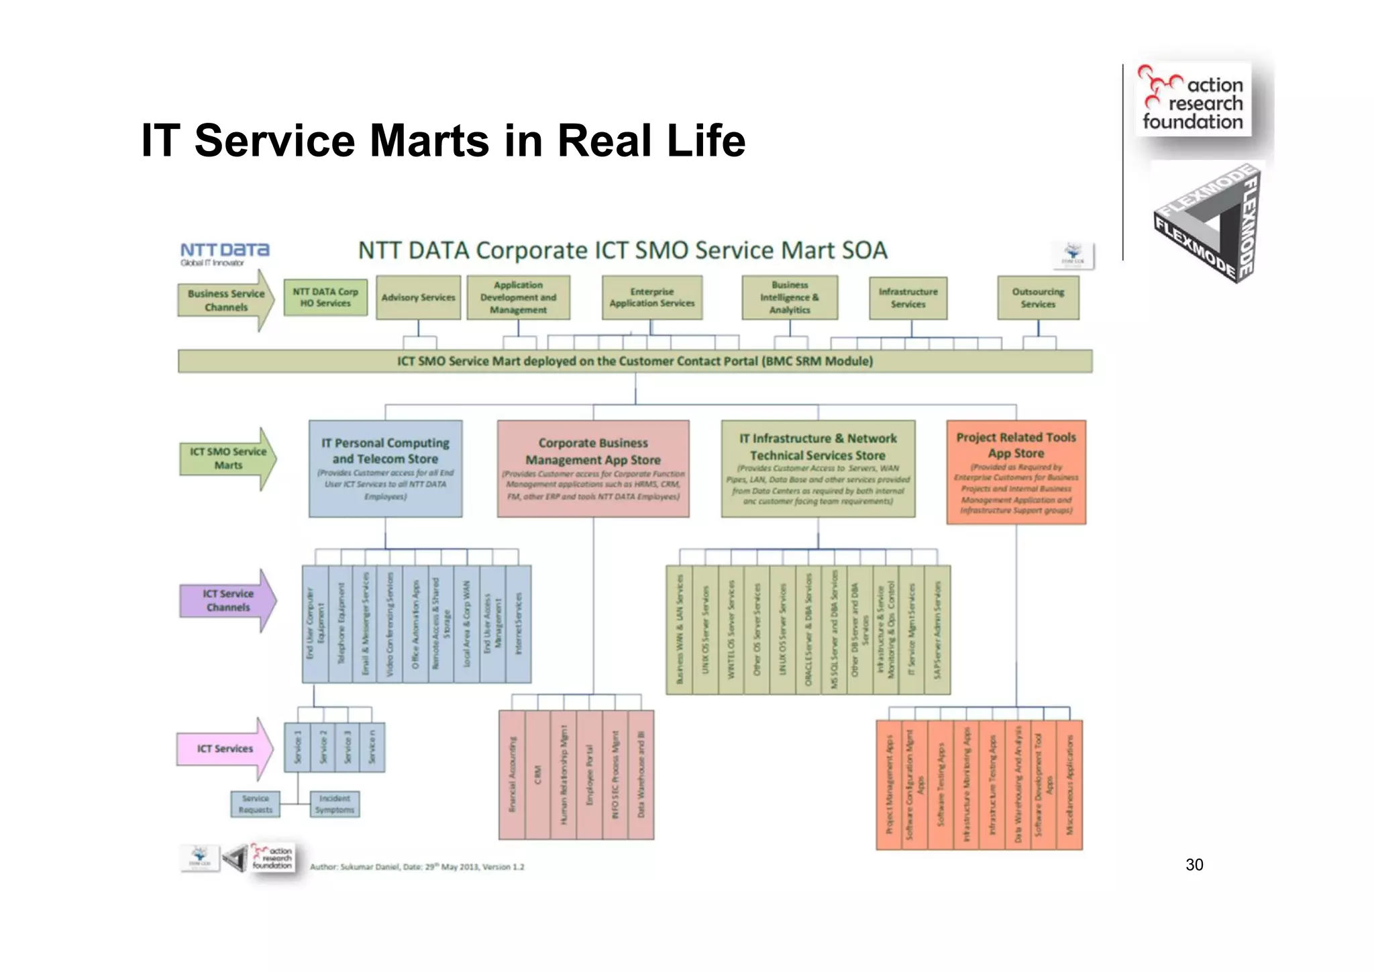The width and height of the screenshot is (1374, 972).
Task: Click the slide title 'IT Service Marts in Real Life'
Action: [443, 140]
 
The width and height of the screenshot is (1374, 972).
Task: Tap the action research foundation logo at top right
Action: [1193, 99]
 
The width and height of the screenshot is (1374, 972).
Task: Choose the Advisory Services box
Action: [418, 297]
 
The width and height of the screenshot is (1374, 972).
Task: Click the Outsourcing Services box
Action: [1038, 297]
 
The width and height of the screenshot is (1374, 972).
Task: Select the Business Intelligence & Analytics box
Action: [790, 297]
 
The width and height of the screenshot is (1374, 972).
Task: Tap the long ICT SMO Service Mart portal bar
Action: [635, 361]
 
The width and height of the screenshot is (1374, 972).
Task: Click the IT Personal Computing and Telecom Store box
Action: [385, 469]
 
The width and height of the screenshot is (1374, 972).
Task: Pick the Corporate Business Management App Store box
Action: [593, 469]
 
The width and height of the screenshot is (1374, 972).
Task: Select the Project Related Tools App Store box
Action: [1016, 472]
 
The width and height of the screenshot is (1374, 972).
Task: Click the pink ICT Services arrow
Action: [225, 748]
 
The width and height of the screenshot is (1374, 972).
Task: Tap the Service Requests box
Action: [255, 804]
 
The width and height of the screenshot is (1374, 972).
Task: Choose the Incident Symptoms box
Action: [335, 804]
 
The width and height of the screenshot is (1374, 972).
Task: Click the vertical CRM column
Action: [537, 775]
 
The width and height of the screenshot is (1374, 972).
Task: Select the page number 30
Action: [1194, 865]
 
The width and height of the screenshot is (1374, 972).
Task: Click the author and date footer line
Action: [417, 867]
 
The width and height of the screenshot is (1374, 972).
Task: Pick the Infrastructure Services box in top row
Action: [908, 297]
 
